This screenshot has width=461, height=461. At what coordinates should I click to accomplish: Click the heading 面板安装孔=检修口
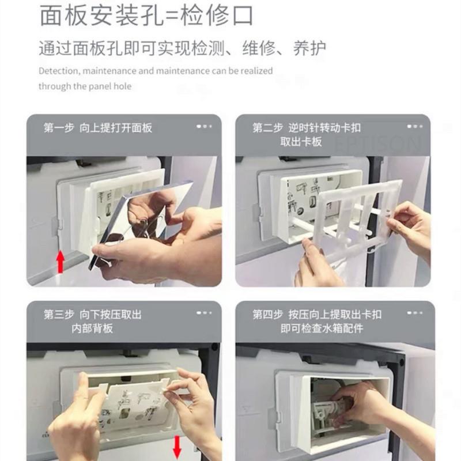coord(146,16)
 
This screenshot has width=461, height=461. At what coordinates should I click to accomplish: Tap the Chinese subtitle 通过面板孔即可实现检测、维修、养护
coord(182,47)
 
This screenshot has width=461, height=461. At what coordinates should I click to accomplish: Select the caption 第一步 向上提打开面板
coord(98,127)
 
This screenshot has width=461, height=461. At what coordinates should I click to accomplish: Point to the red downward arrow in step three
coord(177,445)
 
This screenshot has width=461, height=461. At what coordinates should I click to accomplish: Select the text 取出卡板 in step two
coord(301,142)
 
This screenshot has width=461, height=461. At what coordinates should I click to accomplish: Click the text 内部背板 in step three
coord(92,328)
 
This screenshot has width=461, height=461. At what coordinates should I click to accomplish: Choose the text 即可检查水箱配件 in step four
coord(322,328)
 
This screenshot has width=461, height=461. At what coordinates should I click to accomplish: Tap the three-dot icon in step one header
coord(204,126)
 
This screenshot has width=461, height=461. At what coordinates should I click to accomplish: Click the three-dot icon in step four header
coord(414,313)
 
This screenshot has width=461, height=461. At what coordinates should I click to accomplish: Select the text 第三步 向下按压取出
coord(92,315)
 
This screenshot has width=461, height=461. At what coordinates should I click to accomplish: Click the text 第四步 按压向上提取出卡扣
coord(316,315)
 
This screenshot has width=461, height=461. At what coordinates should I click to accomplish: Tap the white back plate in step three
coord(130,398)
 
